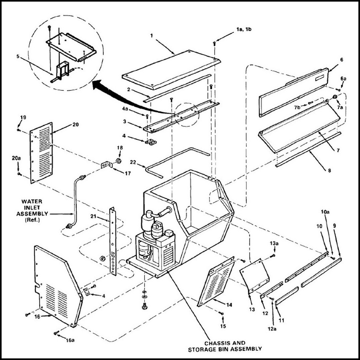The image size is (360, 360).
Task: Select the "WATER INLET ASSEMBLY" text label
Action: (32, 208)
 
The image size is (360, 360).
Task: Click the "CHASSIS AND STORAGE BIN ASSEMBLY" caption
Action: (225, 346)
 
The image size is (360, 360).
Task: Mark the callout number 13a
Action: (273, 243)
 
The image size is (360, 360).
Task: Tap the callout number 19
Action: (22, 118)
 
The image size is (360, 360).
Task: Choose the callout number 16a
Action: (70, 340)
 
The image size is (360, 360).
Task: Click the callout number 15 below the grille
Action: (223, 326)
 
